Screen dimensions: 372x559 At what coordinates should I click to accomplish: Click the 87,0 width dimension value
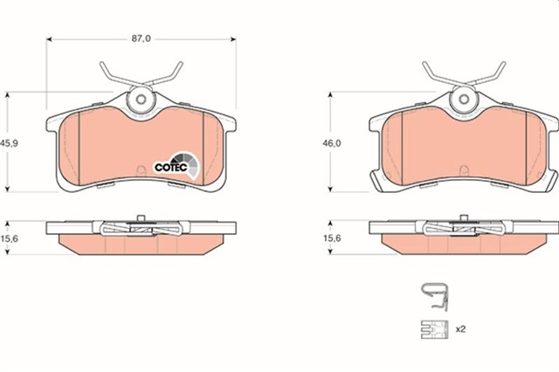pyautogui.click(x=141, y=39)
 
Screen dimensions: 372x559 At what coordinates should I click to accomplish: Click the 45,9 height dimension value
pyautogui.click(x=10, y=141)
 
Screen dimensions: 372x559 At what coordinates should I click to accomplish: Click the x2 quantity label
pyautogui.click(x=459, y=330)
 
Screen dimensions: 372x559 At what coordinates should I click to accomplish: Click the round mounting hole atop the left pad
pyautogui.click(x=139, y=101)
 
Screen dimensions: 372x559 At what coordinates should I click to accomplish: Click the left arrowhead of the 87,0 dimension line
pyautogui.click(x=49, y=39)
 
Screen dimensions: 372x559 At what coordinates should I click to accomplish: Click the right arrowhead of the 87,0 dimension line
pyautogui.click(x=234, y=39)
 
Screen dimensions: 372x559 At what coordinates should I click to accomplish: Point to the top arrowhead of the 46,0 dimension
pyautogui.click(x=330, y=94)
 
